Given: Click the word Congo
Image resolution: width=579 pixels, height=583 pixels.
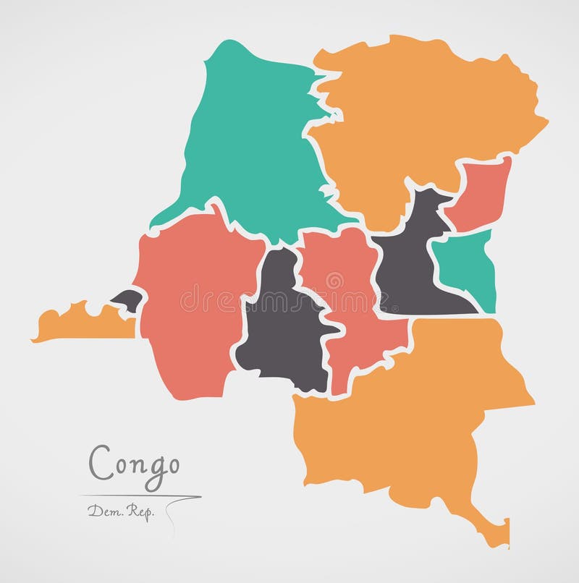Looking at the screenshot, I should tap(134, 461).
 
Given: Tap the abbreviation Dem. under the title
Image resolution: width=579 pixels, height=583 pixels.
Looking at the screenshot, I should tap(101, 511).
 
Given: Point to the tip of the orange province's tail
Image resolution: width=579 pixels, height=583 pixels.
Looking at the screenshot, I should tap(502, 539).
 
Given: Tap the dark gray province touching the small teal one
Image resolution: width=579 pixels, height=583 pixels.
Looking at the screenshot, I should tap(409, 268).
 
